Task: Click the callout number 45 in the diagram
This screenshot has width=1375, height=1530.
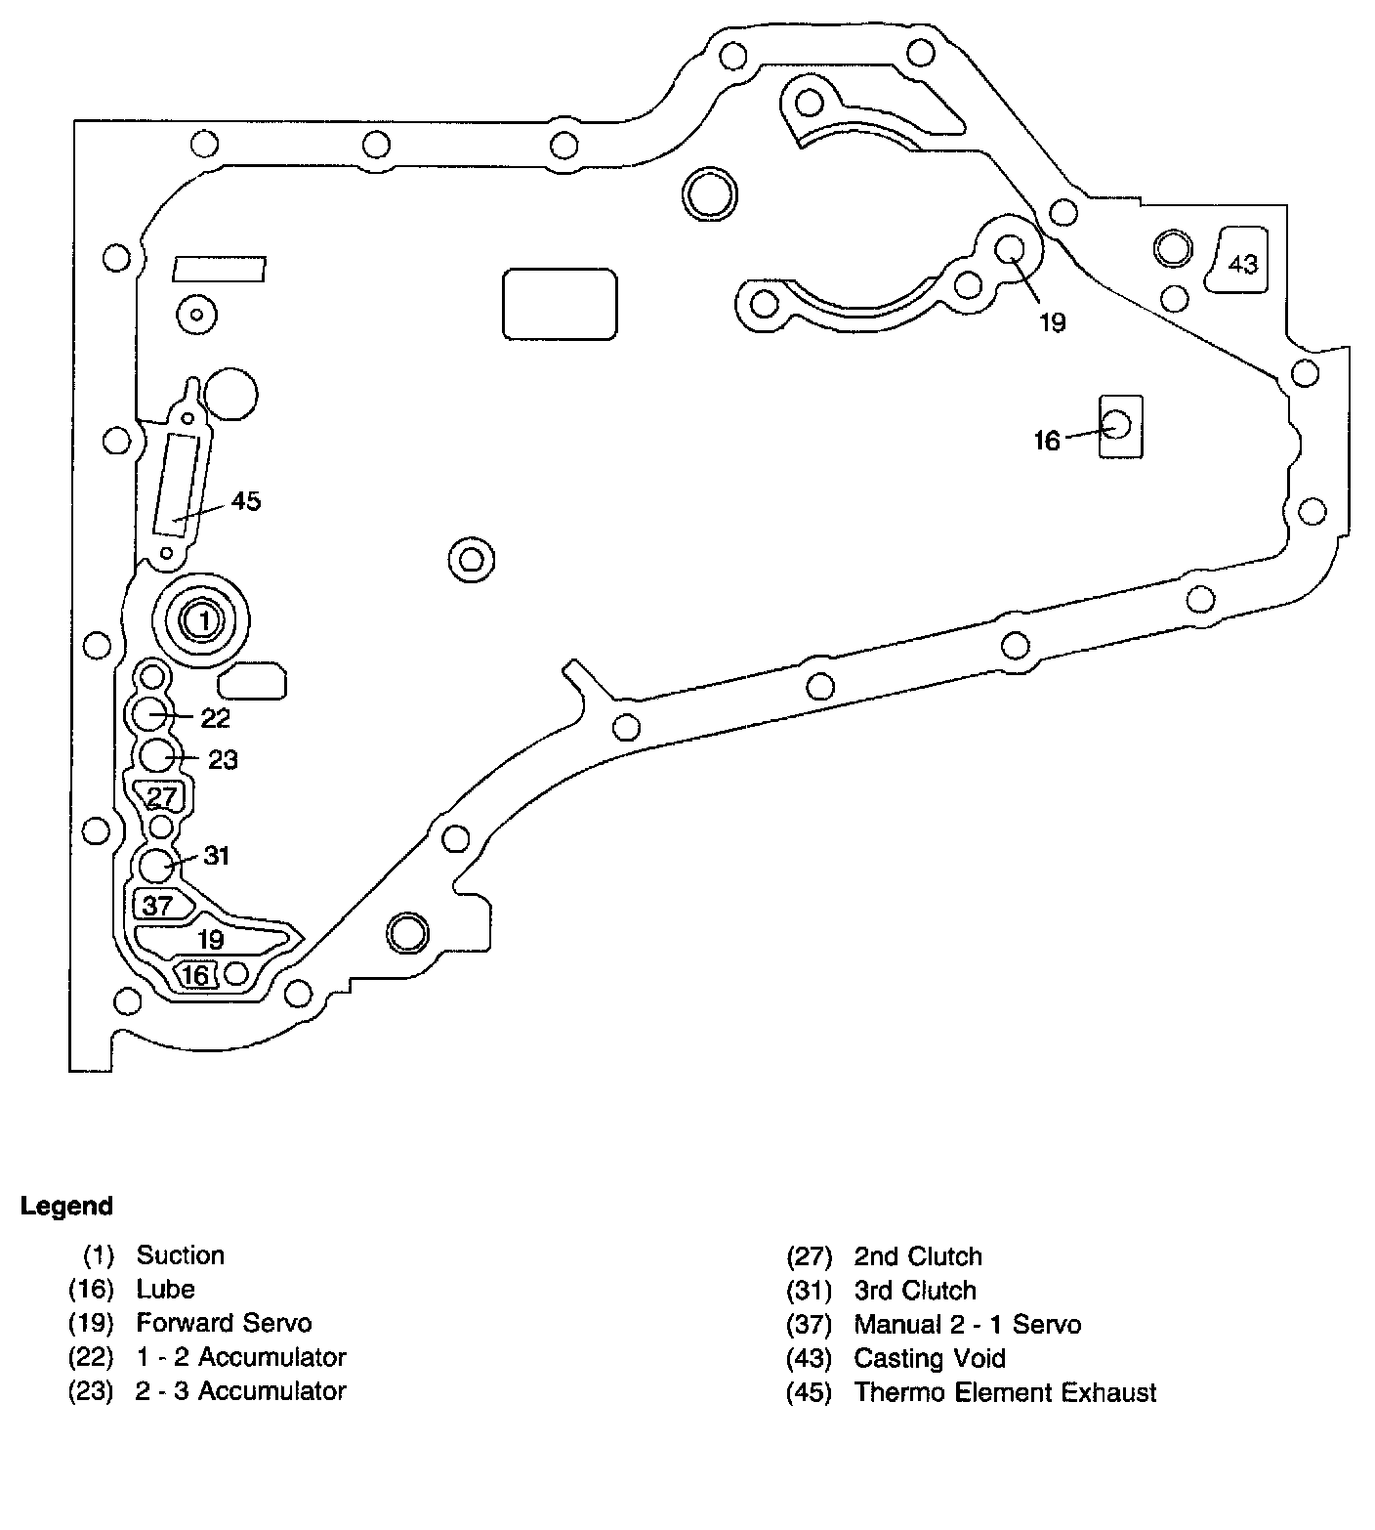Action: tap(246, 501)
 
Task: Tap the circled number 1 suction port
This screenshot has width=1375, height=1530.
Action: tap(203, 619)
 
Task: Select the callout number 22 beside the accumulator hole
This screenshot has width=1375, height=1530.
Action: tap(215, 718)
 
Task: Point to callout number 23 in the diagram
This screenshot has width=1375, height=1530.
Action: tap(223, 759)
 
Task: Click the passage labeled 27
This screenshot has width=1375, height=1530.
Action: tap(161, 796)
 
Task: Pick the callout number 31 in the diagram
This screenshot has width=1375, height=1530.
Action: tap(216, 856)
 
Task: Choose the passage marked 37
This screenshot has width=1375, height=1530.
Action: tap(158, 906)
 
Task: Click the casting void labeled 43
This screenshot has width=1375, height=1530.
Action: tap(1242, 264)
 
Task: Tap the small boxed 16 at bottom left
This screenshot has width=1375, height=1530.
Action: tap(195, 975)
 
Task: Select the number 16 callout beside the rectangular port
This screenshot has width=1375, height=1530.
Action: tap(1047, 441)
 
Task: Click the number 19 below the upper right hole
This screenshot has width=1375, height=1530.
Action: tap(1052, 322)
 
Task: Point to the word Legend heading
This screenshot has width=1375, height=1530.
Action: tap(66, 1207)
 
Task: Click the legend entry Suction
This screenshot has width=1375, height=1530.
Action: tap(180, 1255)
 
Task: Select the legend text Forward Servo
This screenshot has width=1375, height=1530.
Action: tap(224, 1324)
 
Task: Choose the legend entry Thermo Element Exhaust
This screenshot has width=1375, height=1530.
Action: tap(1004, 1392)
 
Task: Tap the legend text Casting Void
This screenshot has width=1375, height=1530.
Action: tap(929, 1358)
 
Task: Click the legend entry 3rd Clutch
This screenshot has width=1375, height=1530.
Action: tap(915, 1291)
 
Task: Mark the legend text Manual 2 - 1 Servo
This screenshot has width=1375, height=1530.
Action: tap(967, 1325)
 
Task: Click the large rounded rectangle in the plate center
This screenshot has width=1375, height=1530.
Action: tap(560, 304)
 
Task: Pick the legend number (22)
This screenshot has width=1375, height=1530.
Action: tap(91, 1358)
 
